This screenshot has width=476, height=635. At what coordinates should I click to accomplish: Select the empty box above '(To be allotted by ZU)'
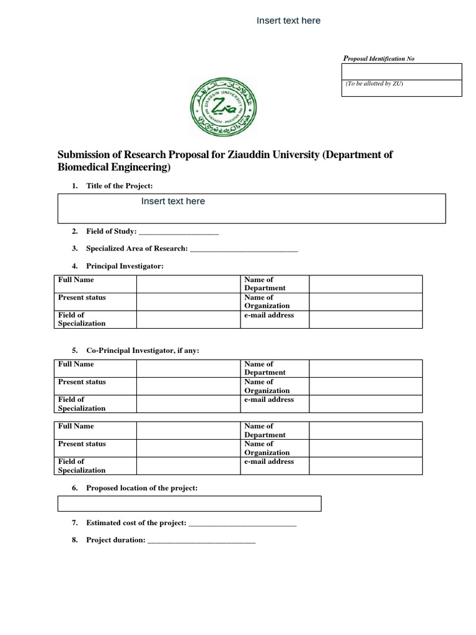[x=402, y=71]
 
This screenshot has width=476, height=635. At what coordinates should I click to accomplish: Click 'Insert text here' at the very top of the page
[x=288, y=20]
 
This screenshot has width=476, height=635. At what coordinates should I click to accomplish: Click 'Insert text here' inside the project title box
[x=173, y=201]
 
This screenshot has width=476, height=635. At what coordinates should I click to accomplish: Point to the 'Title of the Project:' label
[x=119, y=186]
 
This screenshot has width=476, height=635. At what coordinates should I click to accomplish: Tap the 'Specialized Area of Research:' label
[x=136, y=249]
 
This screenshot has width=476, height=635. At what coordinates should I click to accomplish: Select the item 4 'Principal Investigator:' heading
[x=125, y=266]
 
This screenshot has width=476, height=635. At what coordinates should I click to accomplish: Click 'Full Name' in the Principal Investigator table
[x=76, y=280]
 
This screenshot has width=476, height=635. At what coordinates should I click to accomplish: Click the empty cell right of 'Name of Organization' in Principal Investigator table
[x=365, y=301]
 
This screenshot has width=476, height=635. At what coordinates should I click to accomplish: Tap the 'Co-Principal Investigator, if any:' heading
[x=143, y=350]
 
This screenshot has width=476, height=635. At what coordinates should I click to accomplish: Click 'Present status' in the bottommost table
[x=82, y=444]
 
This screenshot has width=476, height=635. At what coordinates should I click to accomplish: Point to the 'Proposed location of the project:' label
[x=141, y=488]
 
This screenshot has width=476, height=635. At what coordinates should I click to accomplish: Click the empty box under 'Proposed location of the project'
[x=189, y=503]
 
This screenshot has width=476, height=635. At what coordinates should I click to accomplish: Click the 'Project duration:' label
[x=115, y=540]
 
